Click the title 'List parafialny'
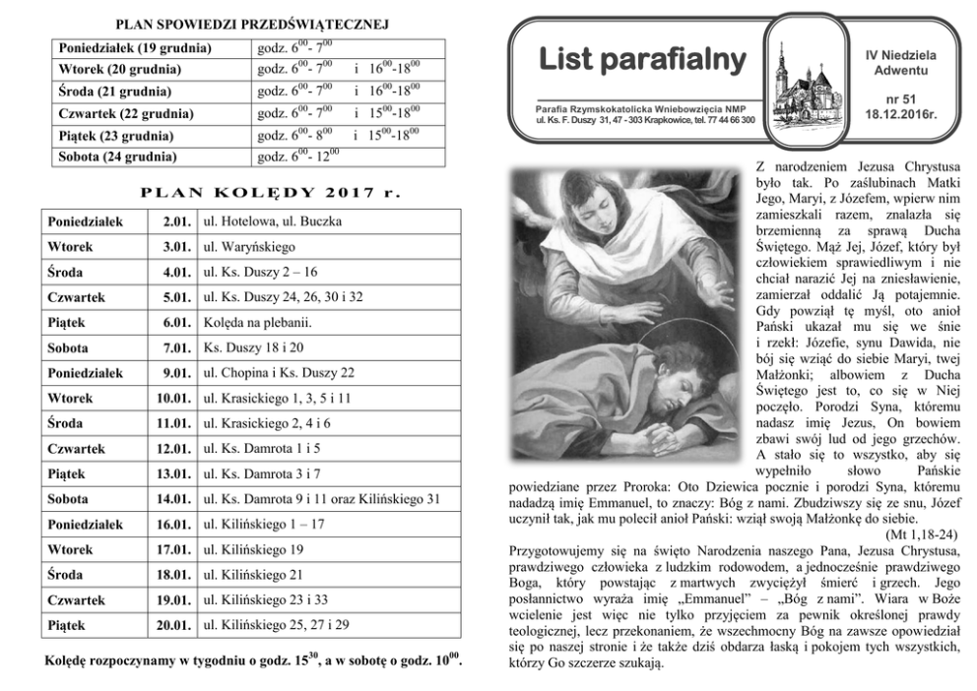(x=642, y=60)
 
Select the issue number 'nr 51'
(x=899, y=98)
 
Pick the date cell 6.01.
(x=176, y=322)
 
